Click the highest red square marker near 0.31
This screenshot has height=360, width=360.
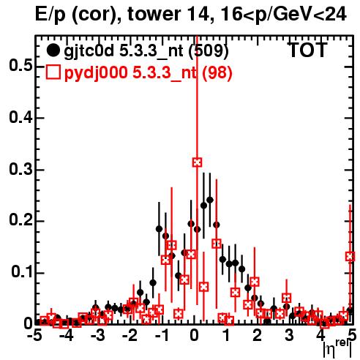click(x=198, y=162)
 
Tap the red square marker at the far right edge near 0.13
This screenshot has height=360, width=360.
click(x=350, y=257)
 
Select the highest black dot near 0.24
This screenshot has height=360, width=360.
click(x=210, y=200)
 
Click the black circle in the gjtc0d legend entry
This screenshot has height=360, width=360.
click(x=53, y=50)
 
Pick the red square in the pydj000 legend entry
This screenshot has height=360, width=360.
click(x=53, y=72)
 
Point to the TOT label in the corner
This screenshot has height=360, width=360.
click(x=308, y=50)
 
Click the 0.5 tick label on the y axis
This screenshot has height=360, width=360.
click(x=20, y=66)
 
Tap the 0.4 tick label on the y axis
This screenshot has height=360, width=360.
click(x=20, y=118)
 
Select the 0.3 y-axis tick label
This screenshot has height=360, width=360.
click(x=20, y=169)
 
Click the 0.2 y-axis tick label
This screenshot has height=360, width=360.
click(x=20, y=220)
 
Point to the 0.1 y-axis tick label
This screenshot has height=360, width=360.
click(x=22, y=272)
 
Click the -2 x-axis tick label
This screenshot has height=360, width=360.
click(x=130, y=336)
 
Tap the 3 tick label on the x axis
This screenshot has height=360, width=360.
click(x=289, y=336)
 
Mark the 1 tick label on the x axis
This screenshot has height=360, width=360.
click(x=227, y=336)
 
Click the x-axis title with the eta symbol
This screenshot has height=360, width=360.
click(x=337, y=349)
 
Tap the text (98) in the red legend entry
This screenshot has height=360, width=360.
click(x=217, y=72)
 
